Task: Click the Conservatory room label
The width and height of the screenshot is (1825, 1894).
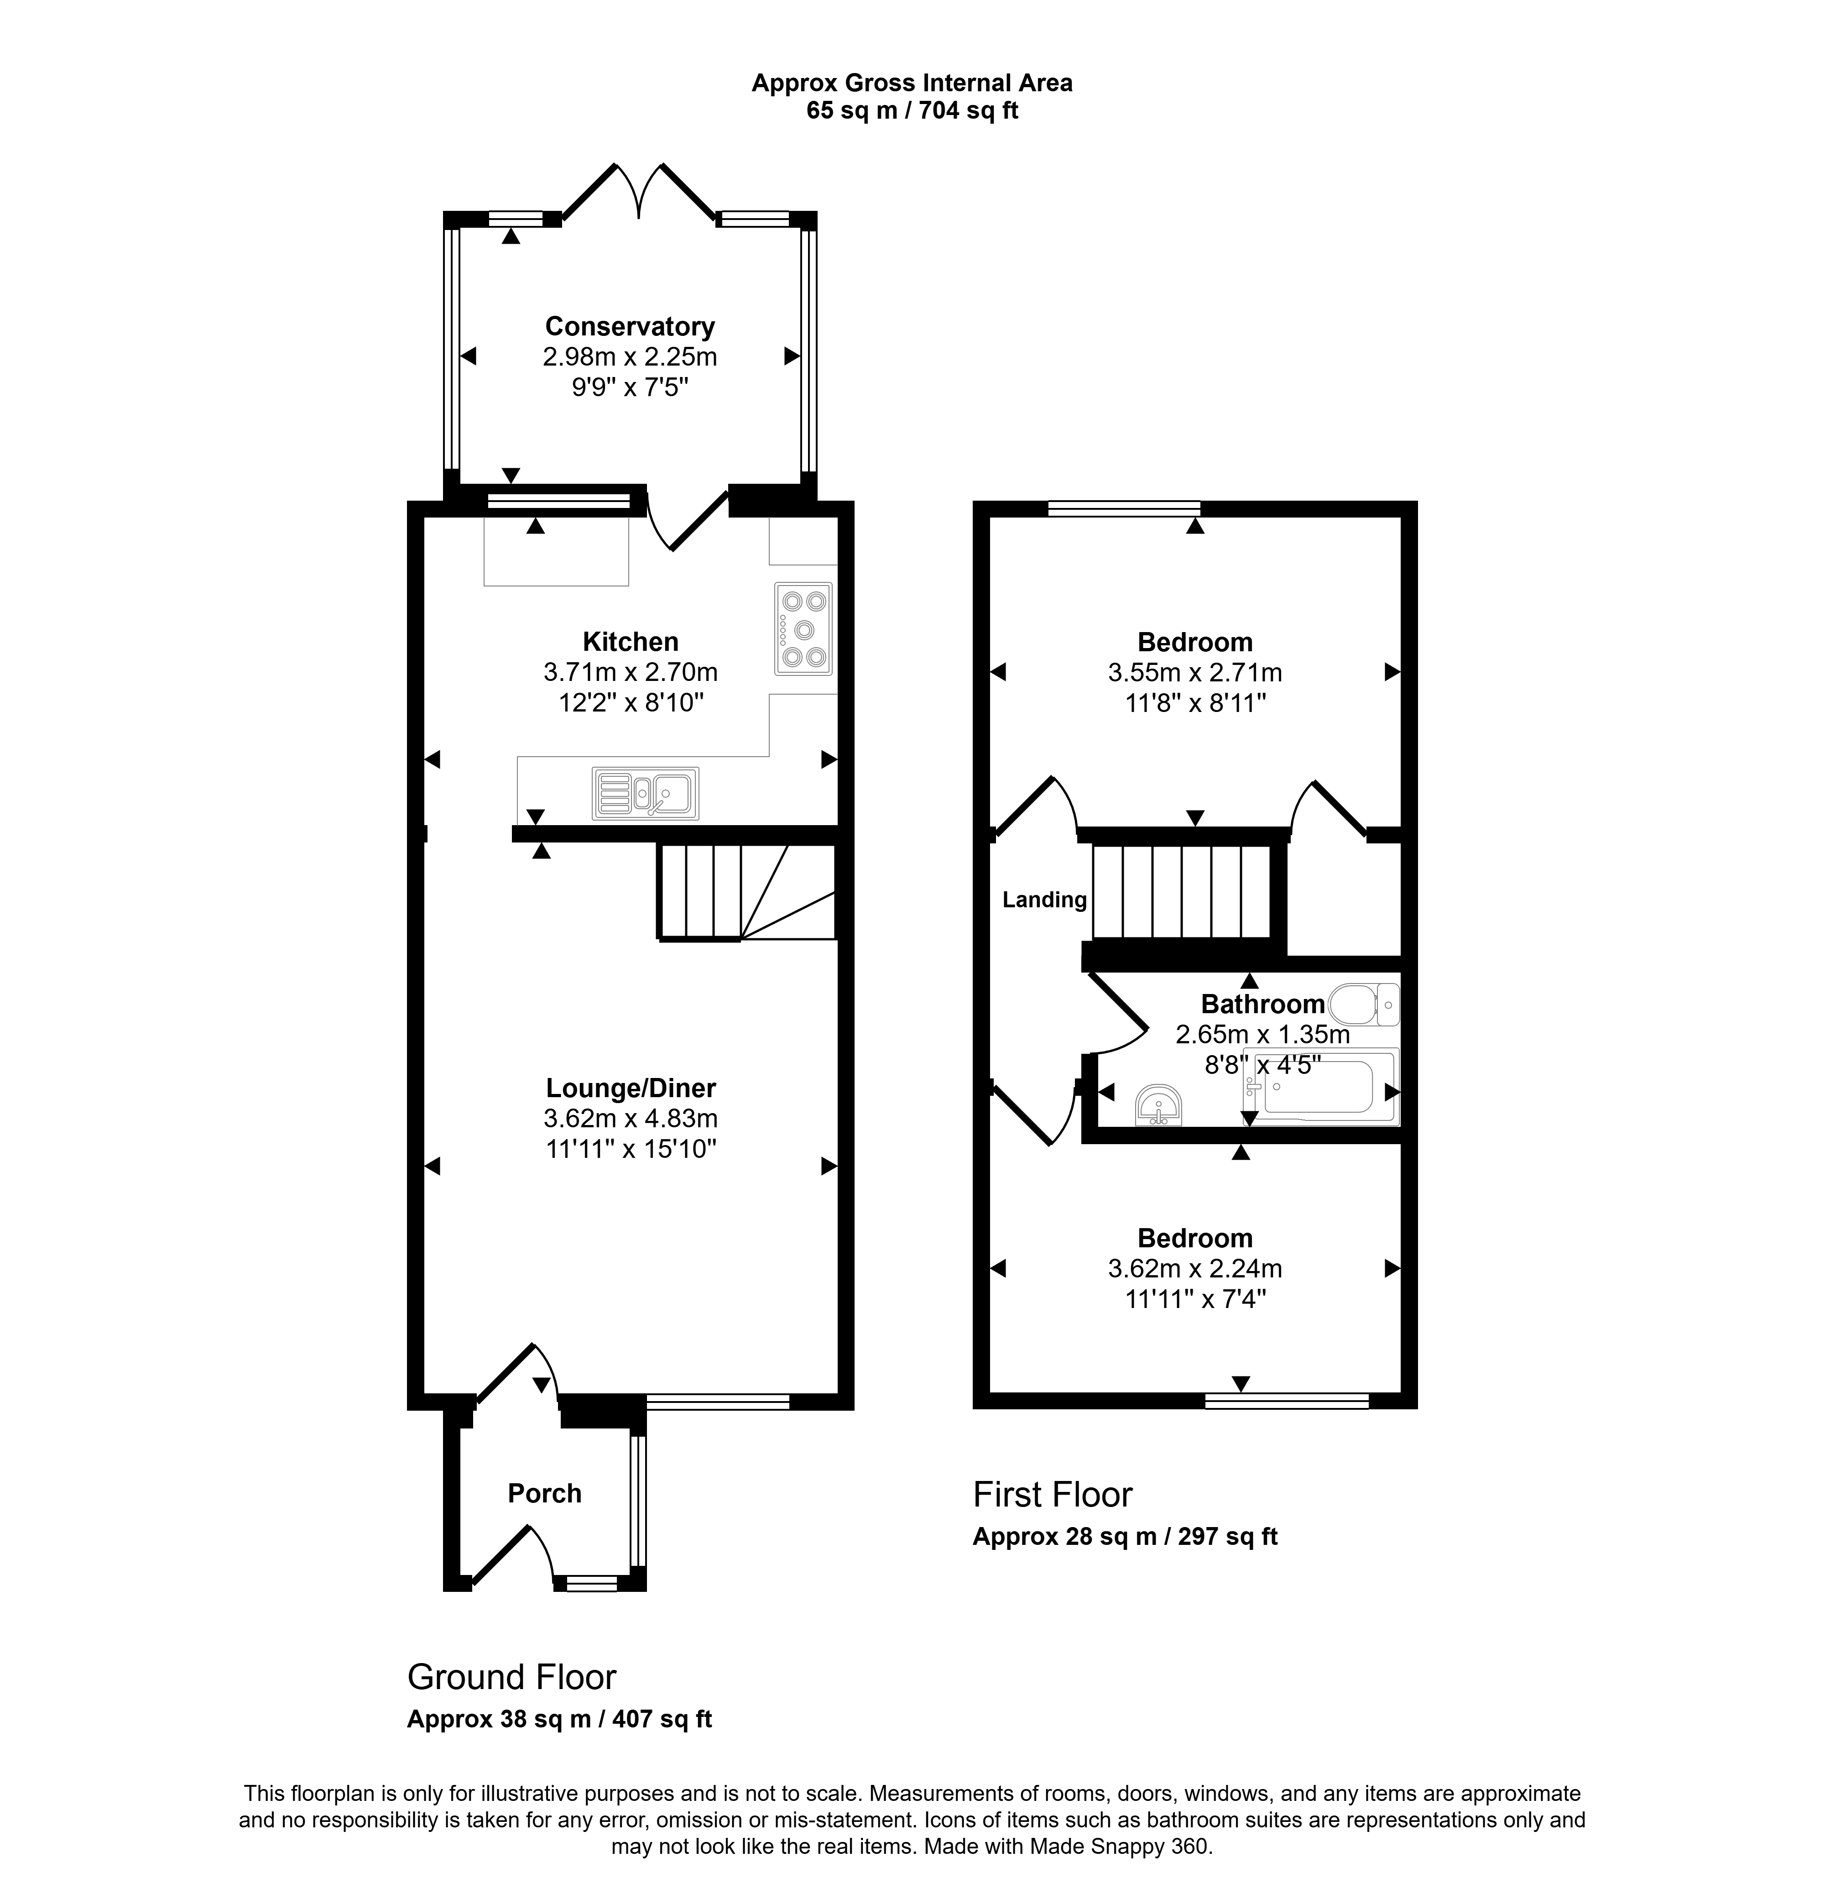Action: click(x=630, y=327)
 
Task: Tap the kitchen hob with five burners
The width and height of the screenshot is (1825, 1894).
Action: click(x=803, y=629)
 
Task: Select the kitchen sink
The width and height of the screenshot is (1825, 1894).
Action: click(x=646, y=793)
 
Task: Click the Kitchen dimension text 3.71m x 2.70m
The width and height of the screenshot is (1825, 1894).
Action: click(x=631, y=672)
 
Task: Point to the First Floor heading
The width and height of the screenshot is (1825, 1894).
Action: click(x=1052, y=1495)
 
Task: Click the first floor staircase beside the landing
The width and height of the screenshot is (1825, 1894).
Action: click(x=1181, y=891)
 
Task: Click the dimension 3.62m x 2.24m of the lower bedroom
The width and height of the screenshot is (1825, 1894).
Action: click(x=1195, y=1268)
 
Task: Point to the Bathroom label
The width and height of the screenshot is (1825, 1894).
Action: click(x=1263, y=1004)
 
